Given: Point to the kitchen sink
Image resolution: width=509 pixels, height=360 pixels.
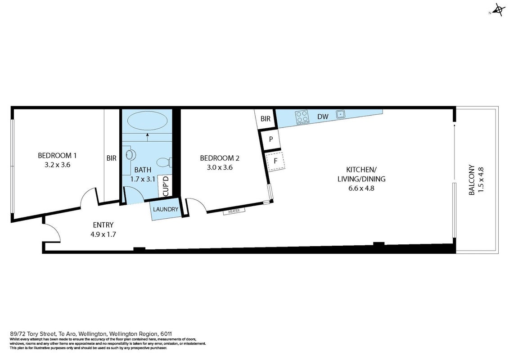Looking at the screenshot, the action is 340,114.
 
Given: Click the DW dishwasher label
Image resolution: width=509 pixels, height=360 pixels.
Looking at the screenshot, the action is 323,116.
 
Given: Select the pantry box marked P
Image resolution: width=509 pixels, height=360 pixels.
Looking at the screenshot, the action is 270,139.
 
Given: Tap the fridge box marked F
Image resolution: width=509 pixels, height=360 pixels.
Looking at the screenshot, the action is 275,161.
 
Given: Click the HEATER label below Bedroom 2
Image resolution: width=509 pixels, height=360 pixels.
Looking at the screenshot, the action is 234,211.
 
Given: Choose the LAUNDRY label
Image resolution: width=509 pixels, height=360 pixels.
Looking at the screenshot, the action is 166,209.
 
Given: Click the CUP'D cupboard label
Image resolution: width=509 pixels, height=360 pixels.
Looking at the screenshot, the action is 166,186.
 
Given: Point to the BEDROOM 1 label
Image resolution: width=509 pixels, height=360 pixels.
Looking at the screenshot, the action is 57,156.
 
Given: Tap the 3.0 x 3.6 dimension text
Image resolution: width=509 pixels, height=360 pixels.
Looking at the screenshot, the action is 220,167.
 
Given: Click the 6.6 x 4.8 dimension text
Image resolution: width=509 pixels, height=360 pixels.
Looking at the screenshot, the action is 361,188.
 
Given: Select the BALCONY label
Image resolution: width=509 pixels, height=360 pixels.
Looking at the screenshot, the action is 472,180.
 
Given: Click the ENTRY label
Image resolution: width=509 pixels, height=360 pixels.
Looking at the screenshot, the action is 103,225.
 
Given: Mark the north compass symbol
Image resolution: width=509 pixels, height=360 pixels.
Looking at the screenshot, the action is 497,10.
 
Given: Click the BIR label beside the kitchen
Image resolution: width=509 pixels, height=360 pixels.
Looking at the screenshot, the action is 266,119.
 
